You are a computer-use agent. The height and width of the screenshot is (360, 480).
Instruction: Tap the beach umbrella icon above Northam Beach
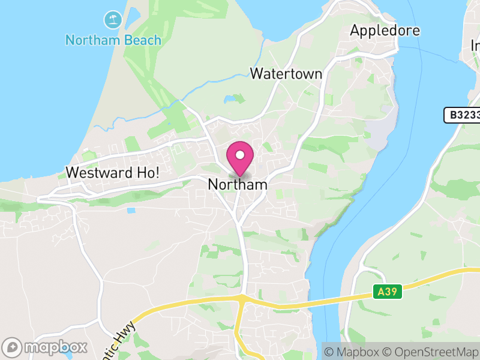[x=112, y=20]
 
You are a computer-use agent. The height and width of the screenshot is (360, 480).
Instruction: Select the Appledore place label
[x=385, y=30]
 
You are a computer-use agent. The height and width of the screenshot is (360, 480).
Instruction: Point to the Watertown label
[x=286, y=74]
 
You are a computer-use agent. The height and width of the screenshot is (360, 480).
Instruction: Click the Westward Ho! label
[x=112, y=172]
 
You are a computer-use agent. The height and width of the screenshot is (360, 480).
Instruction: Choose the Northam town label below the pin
[x=238, y=185]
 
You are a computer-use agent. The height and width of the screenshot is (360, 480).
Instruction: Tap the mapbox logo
[x=46, y=347]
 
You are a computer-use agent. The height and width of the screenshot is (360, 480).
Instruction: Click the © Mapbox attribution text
[x=353, y=352]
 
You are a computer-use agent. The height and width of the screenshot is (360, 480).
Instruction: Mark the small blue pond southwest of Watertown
[x=230, y=99]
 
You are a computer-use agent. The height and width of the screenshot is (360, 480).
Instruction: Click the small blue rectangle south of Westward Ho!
[x=131, y=211]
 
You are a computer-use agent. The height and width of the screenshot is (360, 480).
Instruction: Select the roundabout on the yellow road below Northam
[x=241, y=298]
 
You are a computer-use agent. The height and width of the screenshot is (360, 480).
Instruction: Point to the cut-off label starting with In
[x=475, y=46]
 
